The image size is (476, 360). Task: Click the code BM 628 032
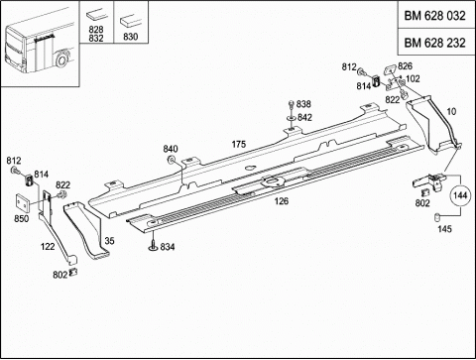pos(434,16)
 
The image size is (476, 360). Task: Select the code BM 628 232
pos(434,43)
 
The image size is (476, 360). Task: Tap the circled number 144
pos(460,195)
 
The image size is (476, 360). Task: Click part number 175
pos(239,144)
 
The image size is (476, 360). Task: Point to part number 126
pos(282,200)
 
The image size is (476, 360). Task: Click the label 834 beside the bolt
pos(168,247)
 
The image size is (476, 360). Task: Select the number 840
pos(171,149)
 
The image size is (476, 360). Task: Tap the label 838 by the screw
pos(303,104)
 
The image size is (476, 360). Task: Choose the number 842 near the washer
pos(304,117)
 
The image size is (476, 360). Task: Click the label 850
pos(21,218)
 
